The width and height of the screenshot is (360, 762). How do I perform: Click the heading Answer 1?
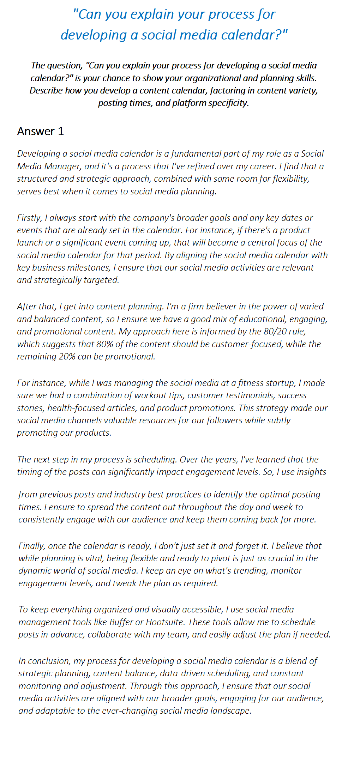point(41,131)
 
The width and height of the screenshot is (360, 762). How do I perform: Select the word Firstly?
point(29,218)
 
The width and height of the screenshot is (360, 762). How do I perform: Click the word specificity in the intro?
point(228,103)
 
